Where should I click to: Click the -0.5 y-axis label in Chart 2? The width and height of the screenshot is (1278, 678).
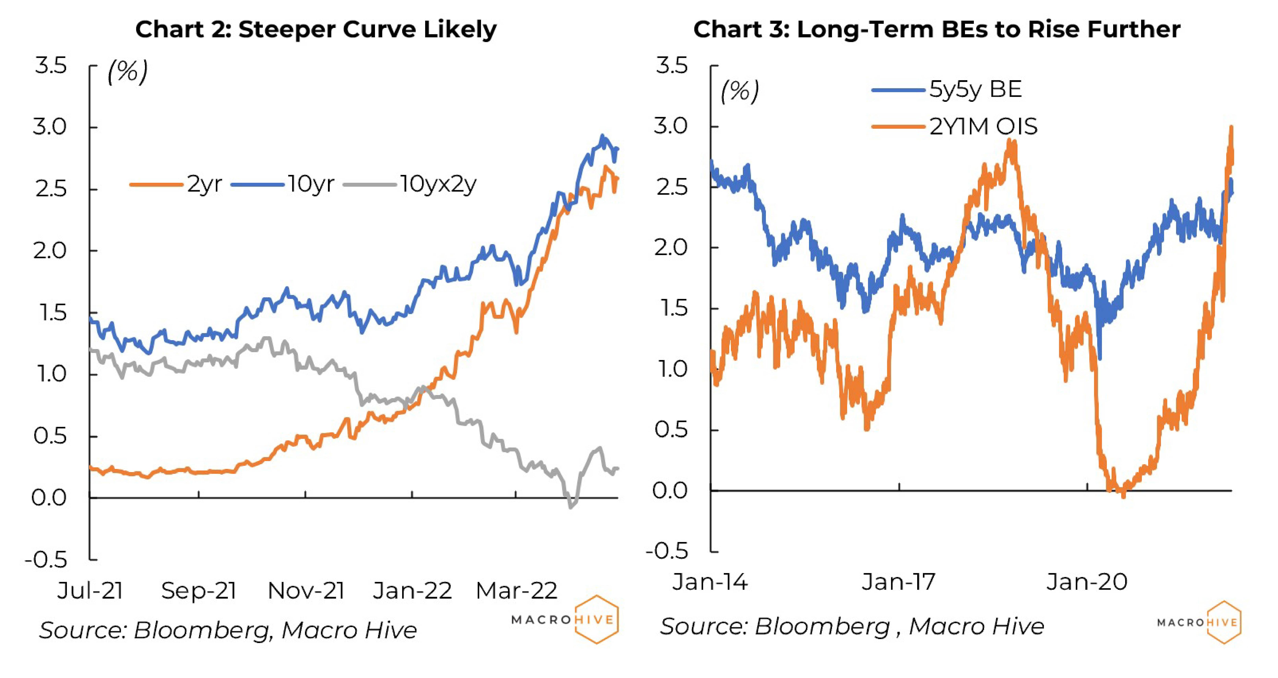[x=46, y=560]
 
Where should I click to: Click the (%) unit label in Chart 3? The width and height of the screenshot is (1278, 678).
[x=739, y=92]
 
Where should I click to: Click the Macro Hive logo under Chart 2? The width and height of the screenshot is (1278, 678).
[x=566, y=619]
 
